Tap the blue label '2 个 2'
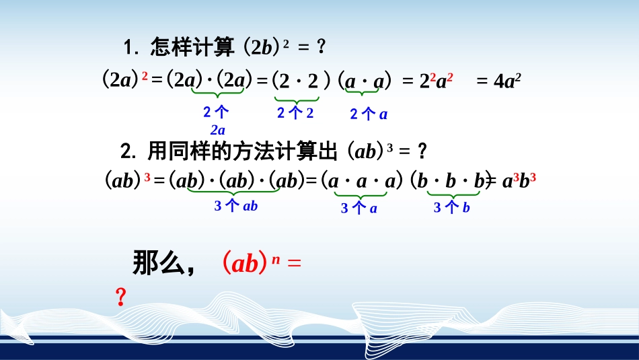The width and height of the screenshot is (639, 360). [295, 113]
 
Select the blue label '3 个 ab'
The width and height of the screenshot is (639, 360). [236, 206]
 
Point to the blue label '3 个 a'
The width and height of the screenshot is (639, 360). [359, 209]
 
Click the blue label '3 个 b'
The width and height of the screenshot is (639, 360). [451, 209]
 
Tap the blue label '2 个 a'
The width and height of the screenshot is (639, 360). [369, 114]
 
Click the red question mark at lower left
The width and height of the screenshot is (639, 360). [121, 297]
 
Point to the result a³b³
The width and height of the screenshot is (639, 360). [518, 181]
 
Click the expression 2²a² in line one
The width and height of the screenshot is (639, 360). [436, 81]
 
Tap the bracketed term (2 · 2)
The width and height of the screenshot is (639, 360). [300, 81]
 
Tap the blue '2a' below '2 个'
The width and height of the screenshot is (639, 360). [217, 130]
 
